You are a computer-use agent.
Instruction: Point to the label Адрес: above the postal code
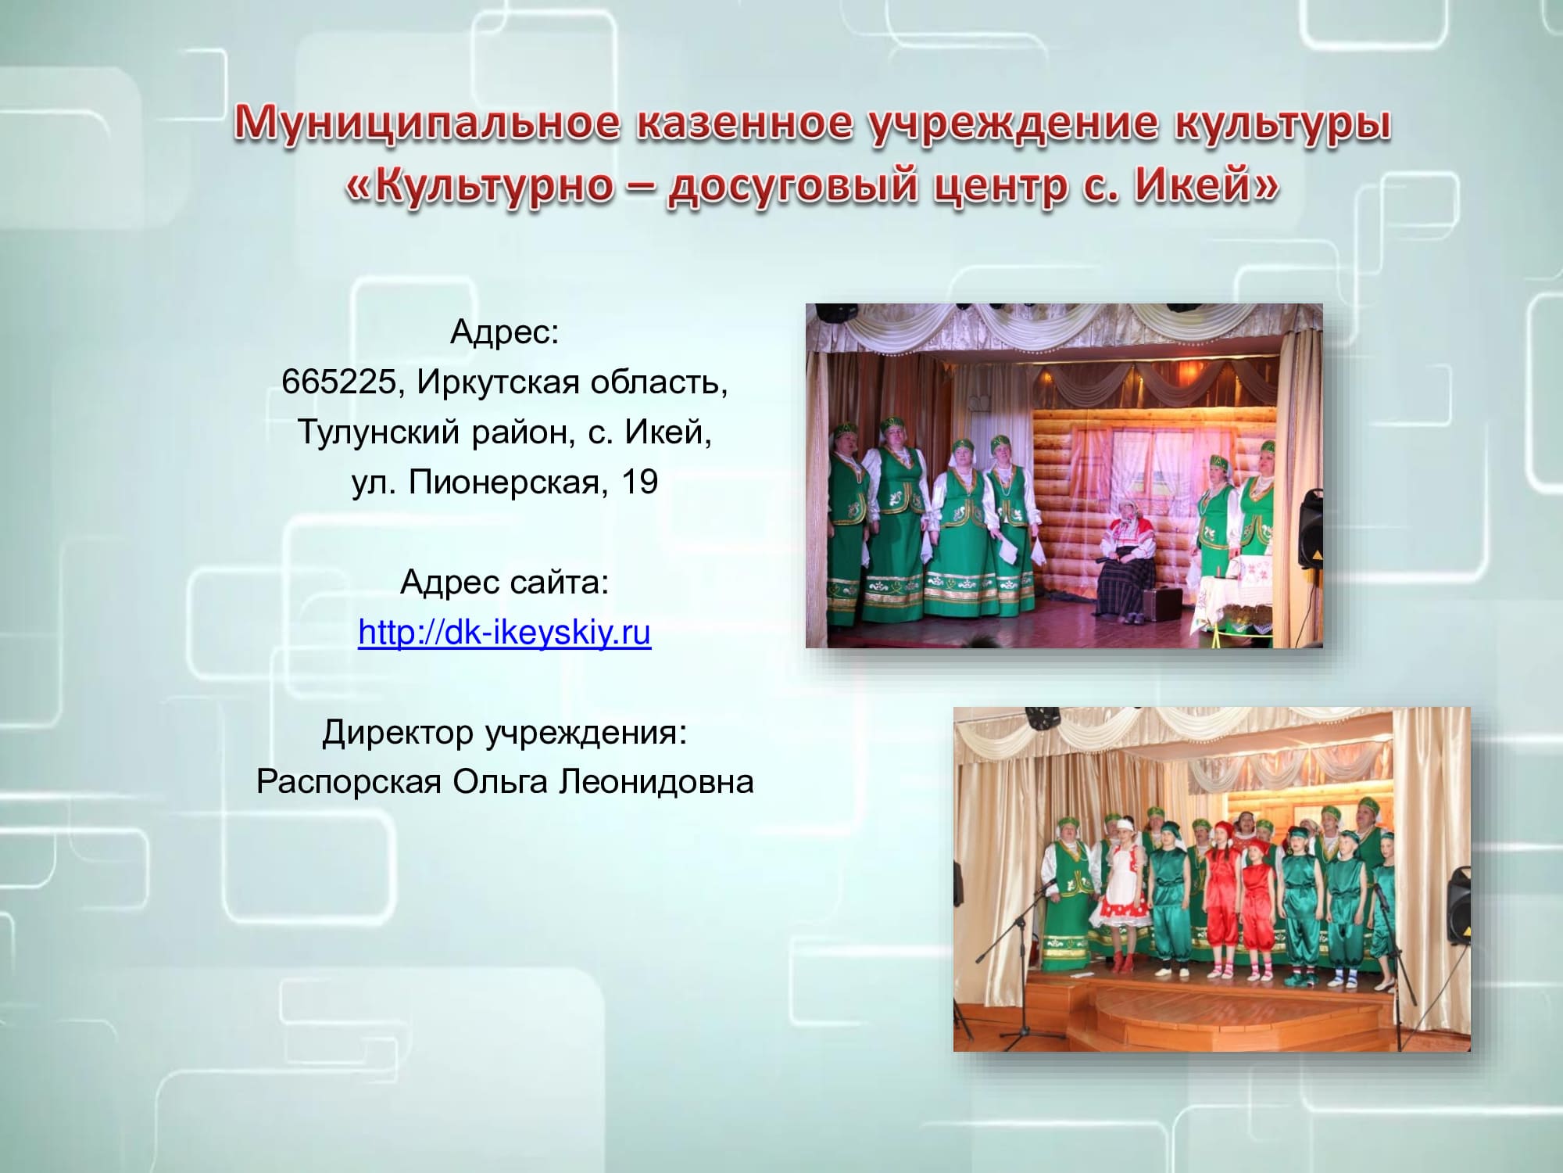click(x=505, y=332)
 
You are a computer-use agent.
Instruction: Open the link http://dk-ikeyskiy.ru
click(x=504, y=632)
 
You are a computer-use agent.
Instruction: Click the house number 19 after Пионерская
click(x=640, y=482)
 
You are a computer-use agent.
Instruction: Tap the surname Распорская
click(x=349, y=782)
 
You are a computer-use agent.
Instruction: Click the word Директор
click(x=398, y=733)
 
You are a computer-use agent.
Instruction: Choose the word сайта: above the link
click(x=559, y=583)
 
